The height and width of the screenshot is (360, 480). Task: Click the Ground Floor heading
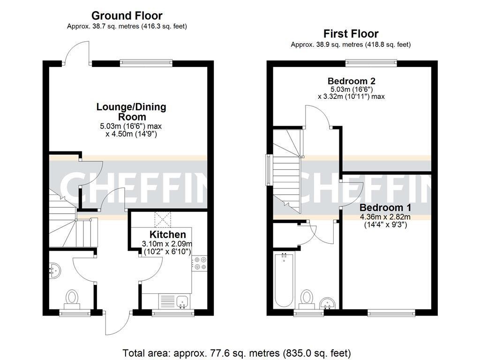point(127,16)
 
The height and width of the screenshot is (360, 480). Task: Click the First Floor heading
point(351,34)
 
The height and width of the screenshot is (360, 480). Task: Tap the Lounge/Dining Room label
point(131,112)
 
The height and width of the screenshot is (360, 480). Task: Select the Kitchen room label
point(167,234)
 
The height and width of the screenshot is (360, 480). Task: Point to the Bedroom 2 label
point(351,81)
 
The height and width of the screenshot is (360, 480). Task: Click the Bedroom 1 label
point(385,207)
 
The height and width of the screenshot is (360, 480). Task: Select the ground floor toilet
point(72,297)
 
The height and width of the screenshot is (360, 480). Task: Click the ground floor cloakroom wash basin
point(55,270)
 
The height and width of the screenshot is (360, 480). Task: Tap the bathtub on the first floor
point(283,279)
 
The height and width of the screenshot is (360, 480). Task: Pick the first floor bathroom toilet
point(307,297)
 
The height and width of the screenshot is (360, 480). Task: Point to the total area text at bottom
point(236,353)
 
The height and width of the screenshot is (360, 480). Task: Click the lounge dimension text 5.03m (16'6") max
point(131,126)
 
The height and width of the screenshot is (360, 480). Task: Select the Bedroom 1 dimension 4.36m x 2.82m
point(385,217)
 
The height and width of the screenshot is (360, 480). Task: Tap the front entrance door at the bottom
point(117,323)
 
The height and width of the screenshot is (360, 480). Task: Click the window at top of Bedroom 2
point(371,63)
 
